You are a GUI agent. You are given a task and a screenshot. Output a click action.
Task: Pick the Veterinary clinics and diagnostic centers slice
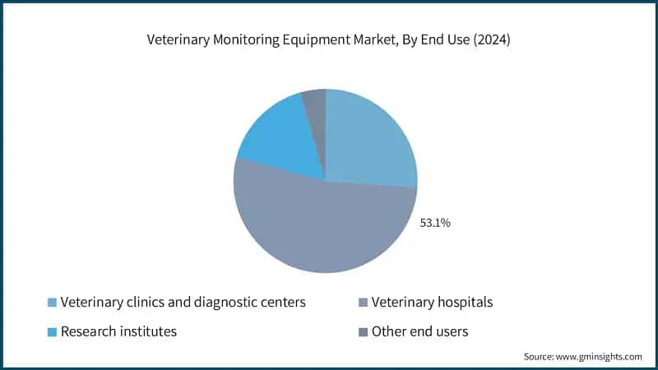point(370,140)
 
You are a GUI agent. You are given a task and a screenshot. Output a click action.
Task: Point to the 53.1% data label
point(434,222)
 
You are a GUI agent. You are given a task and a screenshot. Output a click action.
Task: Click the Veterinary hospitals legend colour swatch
point(363,303)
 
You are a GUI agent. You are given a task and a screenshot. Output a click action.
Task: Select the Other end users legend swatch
point(363,332)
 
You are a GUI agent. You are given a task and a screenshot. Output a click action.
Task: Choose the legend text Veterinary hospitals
point(432,303)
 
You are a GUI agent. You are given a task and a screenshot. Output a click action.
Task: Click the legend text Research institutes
point(118,332)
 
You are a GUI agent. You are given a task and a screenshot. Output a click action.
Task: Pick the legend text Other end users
point(419,332)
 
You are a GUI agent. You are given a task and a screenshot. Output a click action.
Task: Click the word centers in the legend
point(282,303)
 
